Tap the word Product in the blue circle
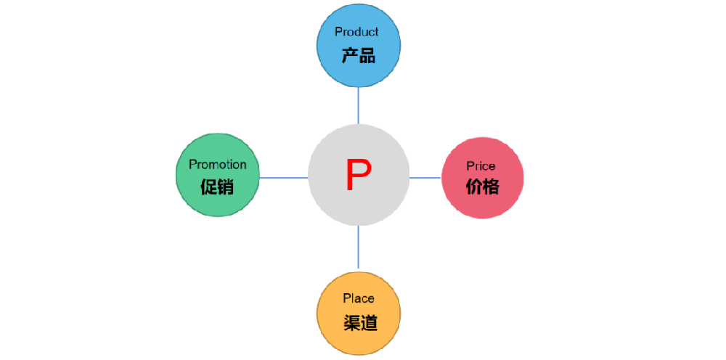click(x=356, y=32)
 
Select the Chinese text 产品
click(x=359, y=56)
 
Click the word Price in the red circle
click(x=481, y=166)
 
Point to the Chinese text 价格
click(x=482, y=187)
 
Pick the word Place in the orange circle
click(x=359, y=298)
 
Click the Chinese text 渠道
click(x=360, y=323)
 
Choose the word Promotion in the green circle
click(x=218, y=165)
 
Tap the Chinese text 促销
click(x=217, y=187)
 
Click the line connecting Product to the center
click(x=359, y=105)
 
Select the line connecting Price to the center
click(x=425, y=177)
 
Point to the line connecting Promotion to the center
click(x=283, y=177)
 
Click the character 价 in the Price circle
click(x=473, y=187)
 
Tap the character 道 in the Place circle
click(x=369, y=323)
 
